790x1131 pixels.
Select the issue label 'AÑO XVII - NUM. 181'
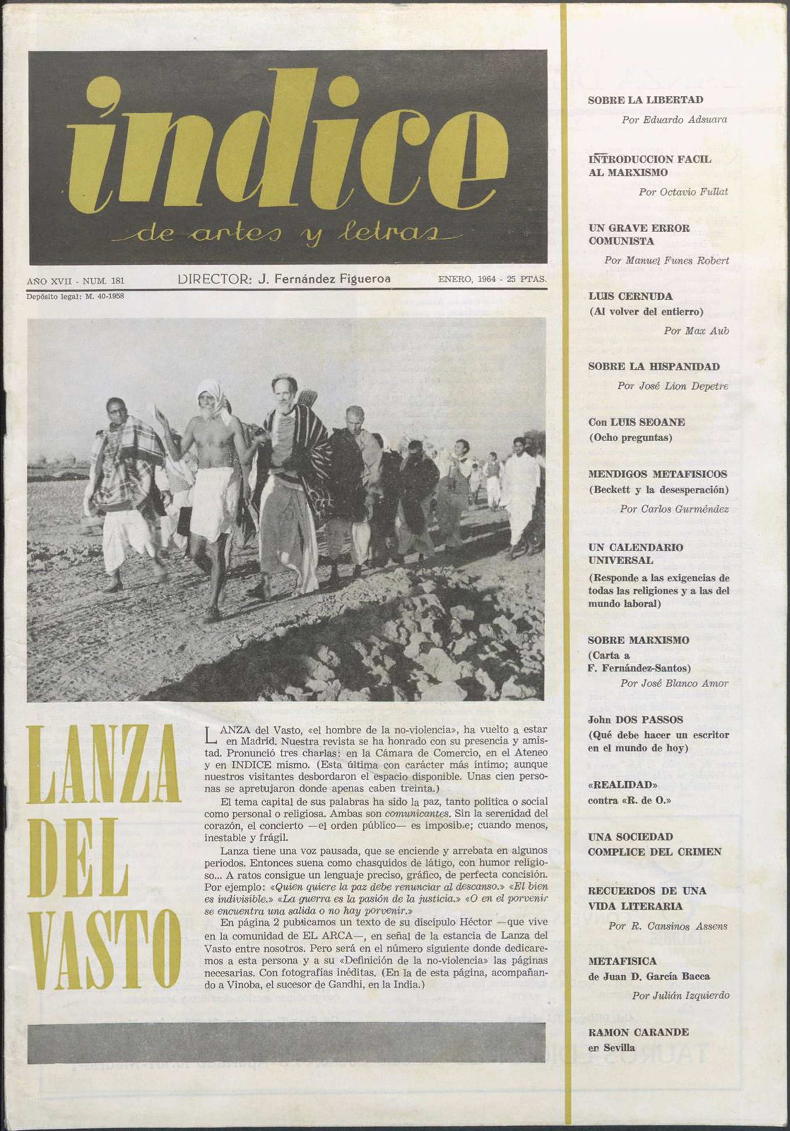pos(75,281)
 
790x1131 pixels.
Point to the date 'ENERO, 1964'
pos(466,279)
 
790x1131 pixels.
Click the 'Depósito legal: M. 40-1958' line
pos(75,297)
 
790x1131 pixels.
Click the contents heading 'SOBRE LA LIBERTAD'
pos(645,100)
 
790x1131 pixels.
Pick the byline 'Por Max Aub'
pos(695,330)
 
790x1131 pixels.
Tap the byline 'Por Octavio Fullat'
pos(683,192)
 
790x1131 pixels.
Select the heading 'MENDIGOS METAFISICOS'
pos(657,474)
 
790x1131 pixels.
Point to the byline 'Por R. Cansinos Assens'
pos(667,926)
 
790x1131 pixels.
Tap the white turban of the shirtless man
pos(211,392)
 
